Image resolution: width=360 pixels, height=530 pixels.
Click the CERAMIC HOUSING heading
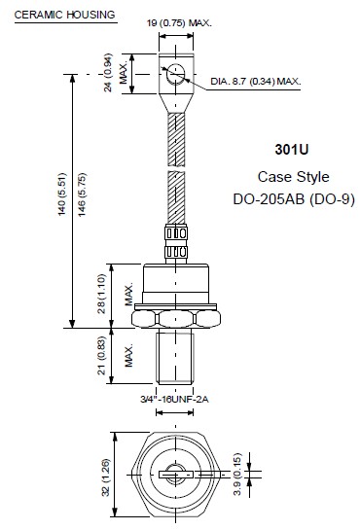point(64,15)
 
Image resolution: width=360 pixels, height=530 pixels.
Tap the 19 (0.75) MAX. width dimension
point(179,23)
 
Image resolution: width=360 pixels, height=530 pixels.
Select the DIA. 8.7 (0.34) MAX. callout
point(256,82)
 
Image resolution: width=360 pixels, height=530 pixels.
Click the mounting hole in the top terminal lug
point(176,74)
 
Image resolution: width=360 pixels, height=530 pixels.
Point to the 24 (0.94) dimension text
point(108,72)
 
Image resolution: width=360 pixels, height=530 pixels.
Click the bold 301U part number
point(292,150)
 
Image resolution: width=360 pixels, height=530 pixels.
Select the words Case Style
point(293,177)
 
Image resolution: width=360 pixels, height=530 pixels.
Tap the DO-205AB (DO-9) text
point(294,199)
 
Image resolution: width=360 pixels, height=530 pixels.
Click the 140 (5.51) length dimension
point(62,194)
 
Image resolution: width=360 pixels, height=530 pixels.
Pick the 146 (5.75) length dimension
point(82,194)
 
